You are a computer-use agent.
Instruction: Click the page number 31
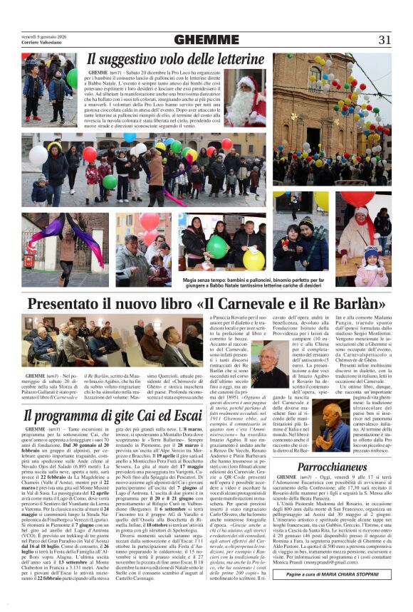pos(385,40)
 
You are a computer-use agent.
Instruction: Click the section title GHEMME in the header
pos(206,40)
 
